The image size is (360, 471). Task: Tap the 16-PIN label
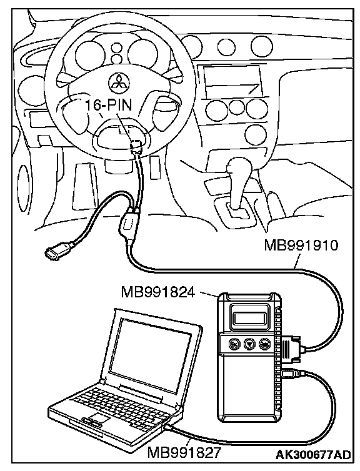coord(109,105)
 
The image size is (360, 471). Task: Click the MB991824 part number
coord(158,292)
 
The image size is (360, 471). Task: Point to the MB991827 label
coord(184,452)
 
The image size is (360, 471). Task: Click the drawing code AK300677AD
coord(313,455)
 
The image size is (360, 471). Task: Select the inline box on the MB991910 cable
coord(128,224)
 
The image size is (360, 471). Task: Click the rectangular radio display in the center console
coord(232,80)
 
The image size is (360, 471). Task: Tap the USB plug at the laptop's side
coord(170,427)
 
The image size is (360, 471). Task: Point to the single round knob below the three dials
coord(256,134)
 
